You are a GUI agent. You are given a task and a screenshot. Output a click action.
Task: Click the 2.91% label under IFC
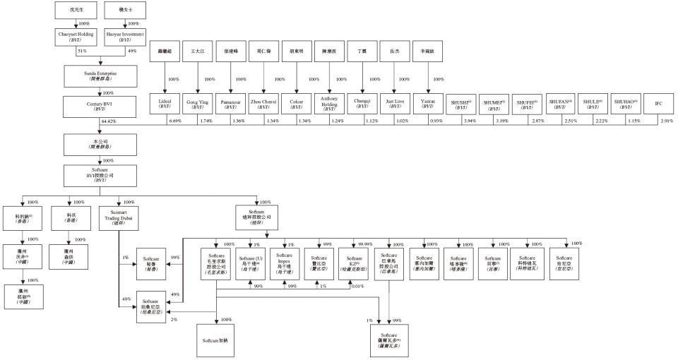(667, 121)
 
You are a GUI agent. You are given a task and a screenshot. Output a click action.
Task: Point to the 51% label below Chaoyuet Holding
(81, 52)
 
